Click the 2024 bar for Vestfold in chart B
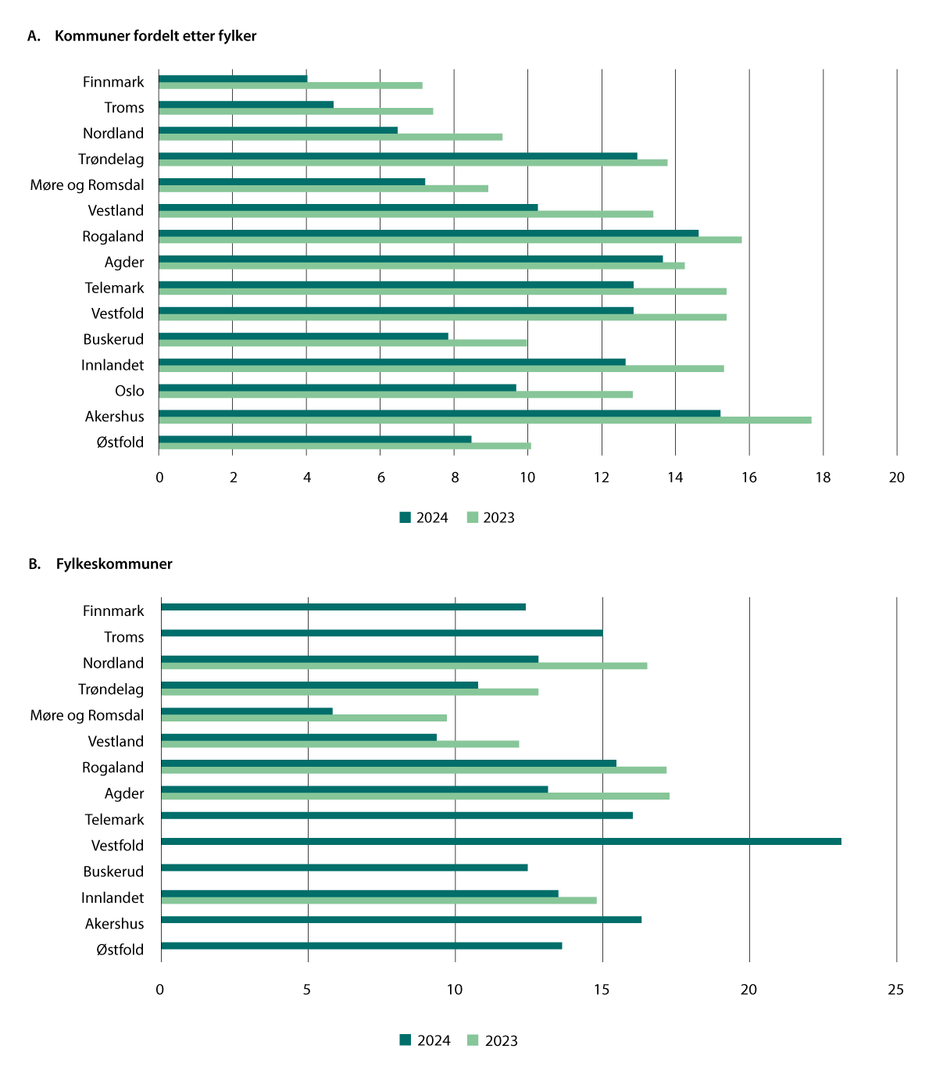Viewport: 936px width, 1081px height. pos(501,841)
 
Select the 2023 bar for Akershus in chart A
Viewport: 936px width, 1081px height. pos(484,421)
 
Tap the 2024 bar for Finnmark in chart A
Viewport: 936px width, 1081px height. pos(233,78)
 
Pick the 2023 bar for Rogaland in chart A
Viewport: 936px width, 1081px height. pos(450,240)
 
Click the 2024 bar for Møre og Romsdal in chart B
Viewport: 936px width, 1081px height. pos(247,711)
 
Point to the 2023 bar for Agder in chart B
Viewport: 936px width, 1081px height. pos(415,796)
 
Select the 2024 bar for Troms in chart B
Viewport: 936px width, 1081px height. pos(381,633)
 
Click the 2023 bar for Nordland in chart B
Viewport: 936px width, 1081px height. pos(404,666)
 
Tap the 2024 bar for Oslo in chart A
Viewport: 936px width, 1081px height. pos(338,388)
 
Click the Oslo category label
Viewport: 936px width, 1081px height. pos(129,391)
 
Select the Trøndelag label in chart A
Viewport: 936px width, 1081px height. pos(111,159)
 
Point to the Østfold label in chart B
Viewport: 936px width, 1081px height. pos(120,950)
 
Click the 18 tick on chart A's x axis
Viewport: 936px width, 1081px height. pos(823,478)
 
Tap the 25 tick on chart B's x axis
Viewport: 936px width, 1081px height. pos(895,990)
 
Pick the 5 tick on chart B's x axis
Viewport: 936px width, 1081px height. pos(307,990)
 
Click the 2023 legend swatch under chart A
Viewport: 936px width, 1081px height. pos(472,517)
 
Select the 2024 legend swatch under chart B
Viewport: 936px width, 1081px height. pos(405,1040)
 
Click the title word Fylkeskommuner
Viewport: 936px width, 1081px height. pos(114,564)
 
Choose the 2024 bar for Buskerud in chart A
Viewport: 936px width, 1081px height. pos(303,336)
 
